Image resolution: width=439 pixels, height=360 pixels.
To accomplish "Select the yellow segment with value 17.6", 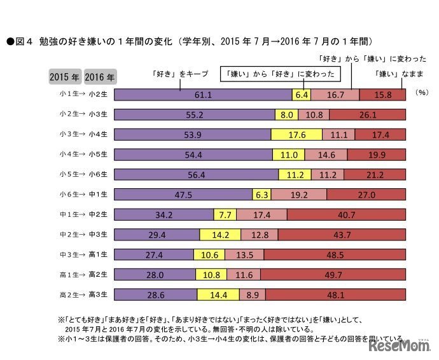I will point(296,135).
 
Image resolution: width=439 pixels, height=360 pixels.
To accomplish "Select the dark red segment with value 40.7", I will point(342,216).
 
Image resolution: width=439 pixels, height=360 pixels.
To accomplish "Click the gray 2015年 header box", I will point(64,78).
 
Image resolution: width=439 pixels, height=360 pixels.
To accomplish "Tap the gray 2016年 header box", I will point(99,78).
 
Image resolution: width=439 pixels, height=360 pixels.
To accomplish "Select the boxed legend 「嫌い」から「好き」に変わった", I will point(281,74).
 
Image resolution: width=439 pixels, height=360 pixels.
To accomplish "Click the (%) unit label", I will point(422,93).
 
